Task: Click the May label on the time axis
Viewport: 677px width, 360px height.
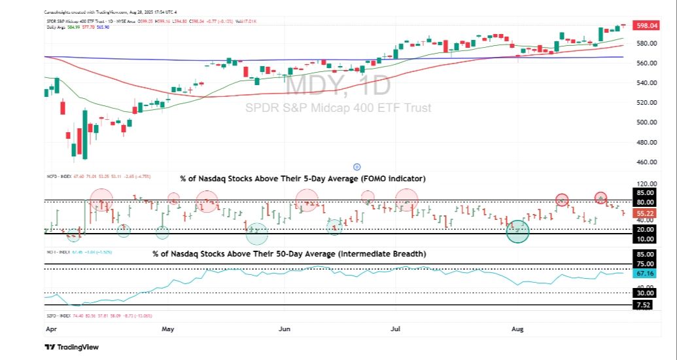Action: coord(168,331)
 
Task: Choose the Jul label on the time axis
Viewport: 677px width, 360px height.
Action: coord(396,331)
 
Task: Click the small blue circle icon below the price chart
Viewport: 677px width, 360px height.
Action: coord(356,167)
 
